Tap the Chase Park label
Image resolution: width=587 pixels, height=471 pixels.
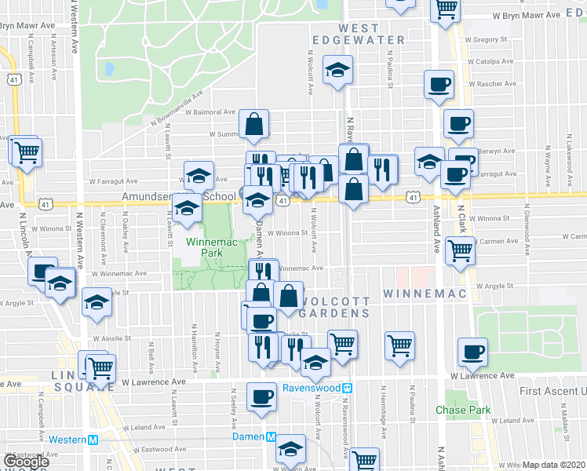(463, 410)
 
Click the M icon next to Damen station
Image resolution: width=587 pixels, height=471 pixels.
(272, 436)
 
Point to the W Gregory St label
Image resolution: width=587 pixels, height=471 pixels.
(487, 38)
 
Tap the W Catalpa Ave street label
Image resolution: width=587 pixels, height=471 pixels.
(490, 60)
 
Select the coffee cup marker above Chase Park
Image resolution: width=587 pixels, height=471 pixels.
(472, 352)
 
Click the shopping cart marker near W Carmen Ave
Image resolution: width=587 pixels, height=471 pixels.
(460, 250)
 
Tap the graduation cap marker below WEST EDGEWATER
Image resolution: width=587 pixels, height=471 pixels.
(338, 71)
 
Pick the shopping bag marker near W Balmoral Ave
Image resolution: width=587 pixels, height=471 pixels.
(254, 124)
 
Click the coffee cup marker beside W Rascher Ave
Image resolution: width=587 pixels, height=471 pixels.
(439, 83)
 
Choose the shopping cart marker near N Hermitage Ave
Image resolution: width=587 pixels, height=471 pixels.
(399, 344)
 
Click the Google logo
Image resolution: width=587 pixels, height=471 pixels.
(25, 462)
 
